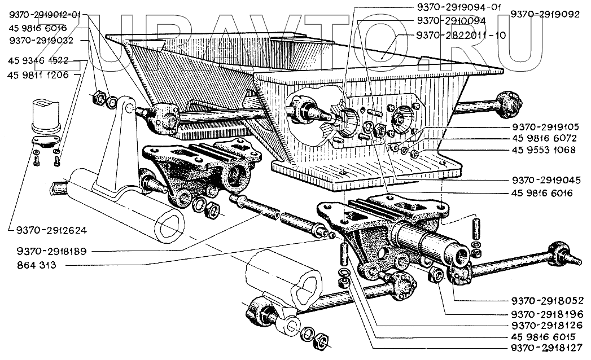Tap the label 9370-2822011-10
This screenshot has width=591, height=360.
459,34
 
